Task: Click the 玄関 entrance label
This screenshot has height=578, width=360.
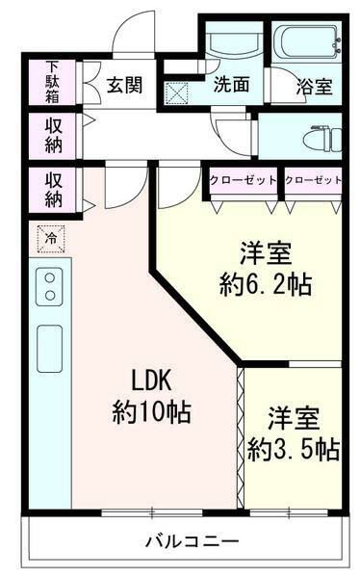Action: point(125,85)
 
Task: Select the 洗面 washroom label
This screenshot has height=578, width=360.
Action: point(232,85)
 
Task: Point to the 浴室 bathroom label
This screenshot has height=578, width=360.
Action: point(315,86)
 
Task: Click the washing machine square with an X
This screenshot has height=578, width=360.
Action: point(178,92)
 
